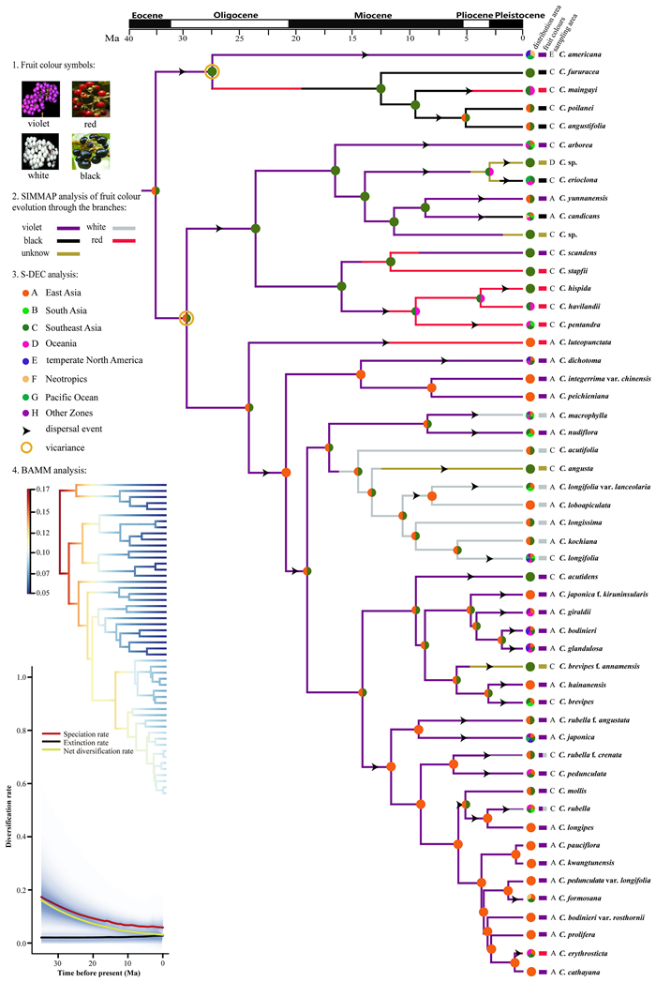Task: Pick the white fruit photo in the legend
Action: coord(39,148)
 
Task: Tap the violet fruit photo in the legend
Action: coord(39,98)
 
